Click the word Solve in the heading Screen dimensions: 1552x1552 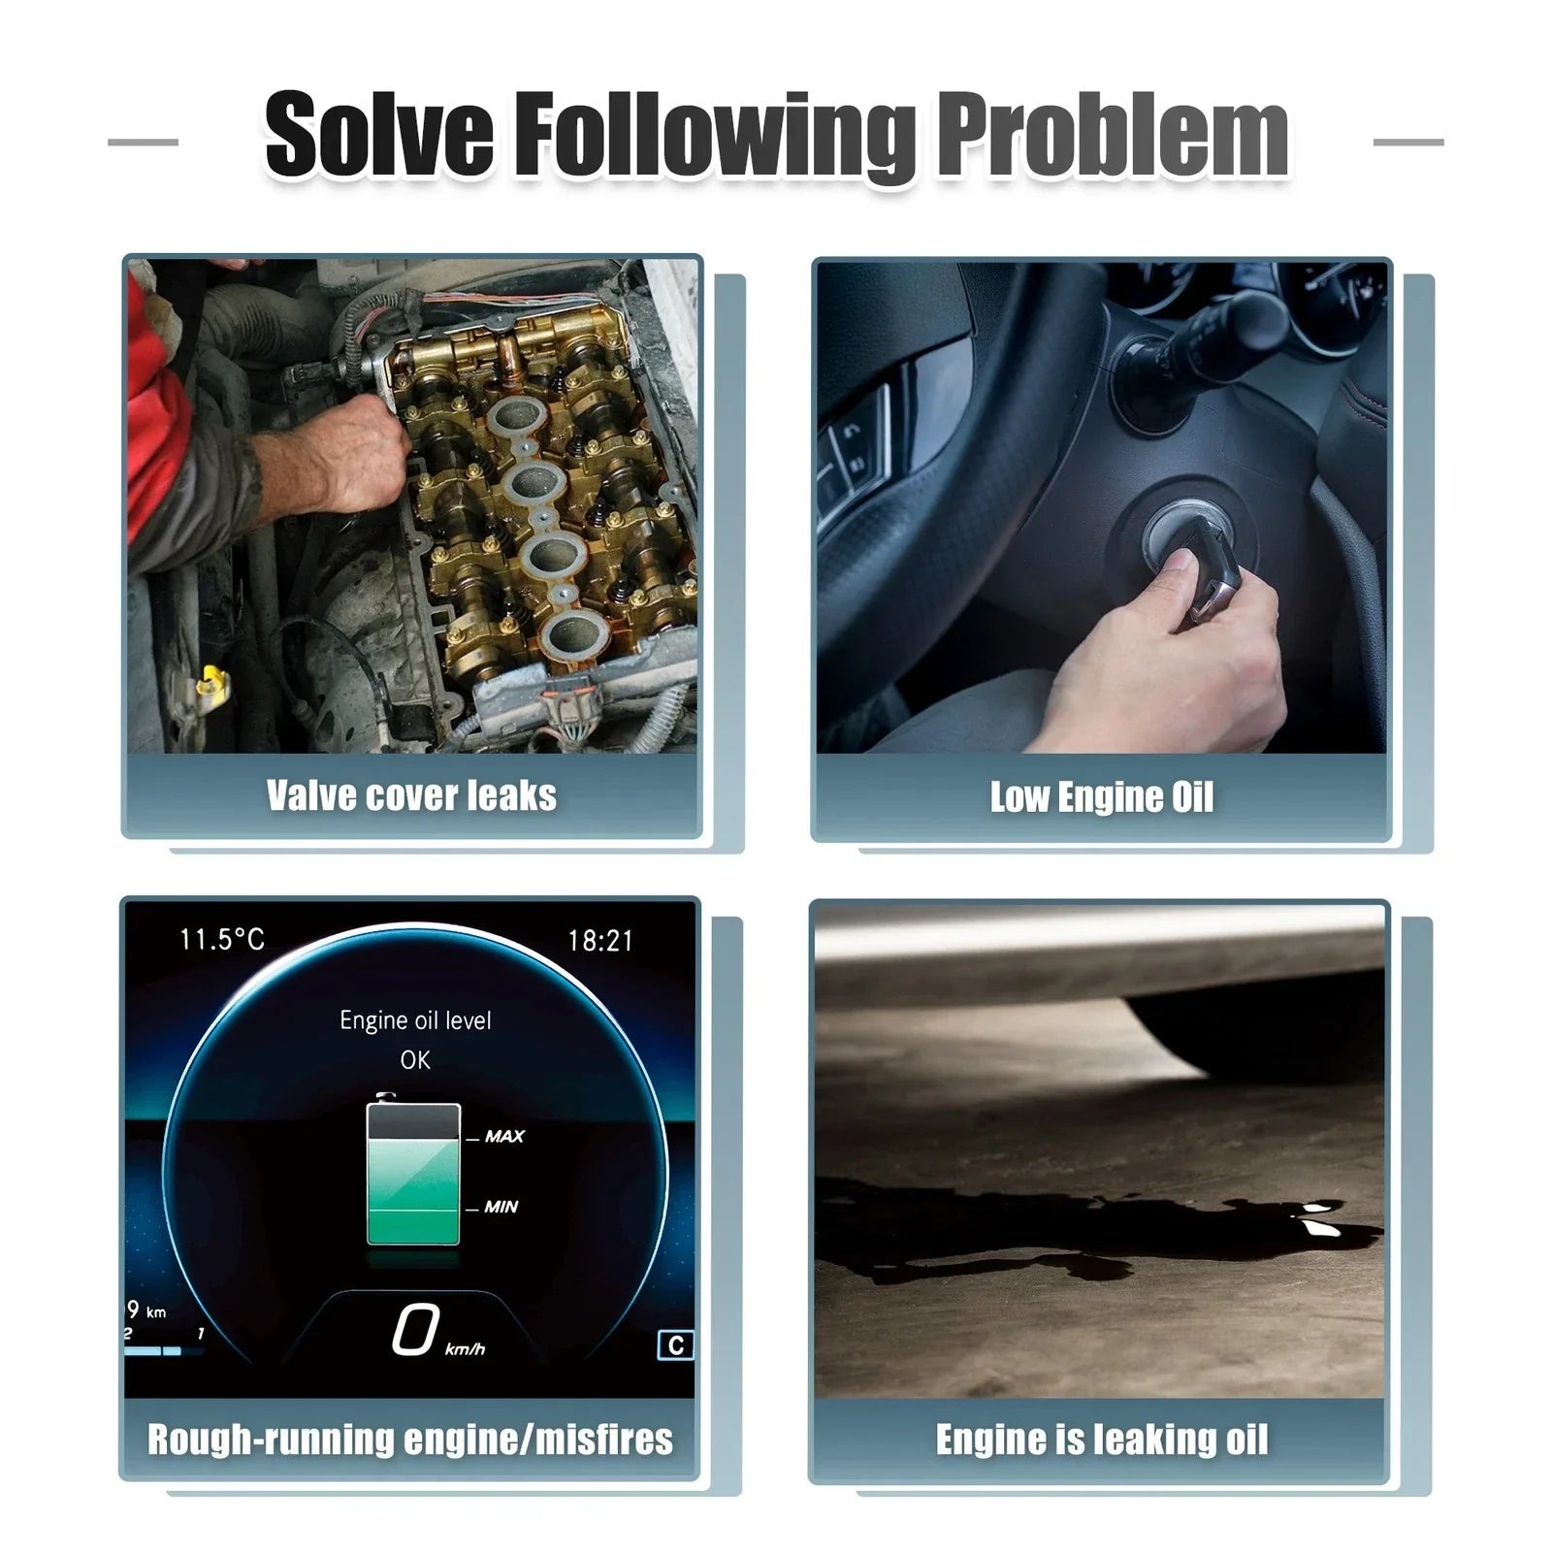click(379, 135)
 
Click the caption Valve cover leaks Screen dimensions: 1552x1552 click(411, 795)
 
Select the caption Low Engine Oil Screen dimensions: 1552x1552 click(1102, 797)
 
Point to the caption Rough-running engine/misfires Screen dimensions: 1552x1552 click(410, 1439)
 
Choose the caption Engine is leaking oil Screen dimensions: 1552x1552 click(1102, 1439)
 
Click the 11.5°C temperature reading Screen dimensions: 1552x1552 click(222, 939)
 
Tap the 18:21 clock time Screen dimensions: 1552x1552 click(600, 940)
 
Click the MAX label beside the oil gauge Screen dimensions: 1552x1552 click(504, 1136)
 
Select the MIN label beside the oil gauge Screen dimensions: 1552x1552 click(501, 1207)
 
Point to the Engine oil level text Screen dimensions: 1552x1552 click(415, 1020)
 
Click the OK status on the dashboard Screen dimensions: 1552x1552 click(415, 1060)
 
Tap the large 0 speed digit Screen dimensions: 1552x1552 click(415, 1329)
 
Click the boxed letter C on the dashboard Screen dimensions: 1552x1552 click(676, 1345)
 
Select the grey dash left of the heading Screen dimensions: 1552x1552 click(143, 142)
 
